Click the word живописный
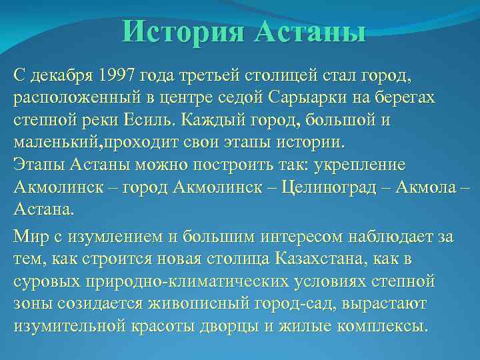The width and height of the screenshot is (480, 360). (x=190, y=304)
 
